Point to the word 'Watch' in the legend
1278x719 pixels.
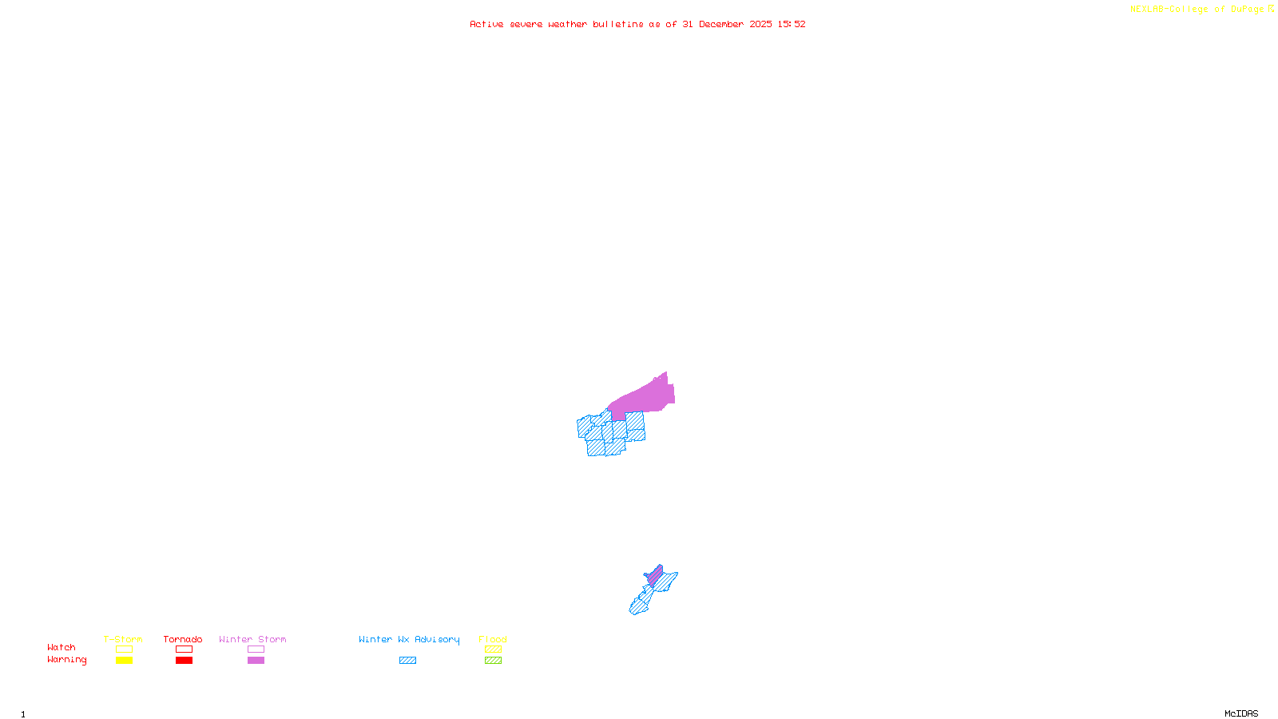(62, 648)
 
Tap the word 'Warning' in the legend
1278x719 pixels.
(66, 660)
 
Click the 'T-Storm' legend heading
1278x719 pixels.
(123, 639)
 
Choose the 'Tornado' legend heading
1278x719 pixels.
(183, 639)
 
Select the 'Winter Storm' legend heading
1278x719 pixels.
(252, 639)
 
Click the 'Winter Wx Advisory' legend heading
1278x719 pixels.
(409, 639)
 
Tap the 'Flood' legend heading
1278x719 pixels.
(493, 639)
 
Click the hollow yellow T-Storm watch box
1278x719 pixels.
(124, 649)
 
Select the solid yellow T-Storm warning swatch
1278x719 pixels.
(124, 661)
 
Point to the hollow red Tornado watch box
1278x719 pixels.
(184, 649)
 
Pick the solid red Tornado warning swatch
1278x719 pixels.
(184, 661)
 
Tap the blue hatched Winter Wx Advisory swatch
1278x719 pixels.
(407, 661)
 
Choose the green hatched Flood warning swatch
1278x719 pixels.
(493, 661)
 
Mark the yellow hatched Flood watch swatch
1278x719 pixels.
(493, 649)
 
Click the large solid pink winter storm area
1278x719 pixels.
(643, 399)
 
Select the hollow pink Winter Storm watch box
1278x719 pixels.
(256, 649)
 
